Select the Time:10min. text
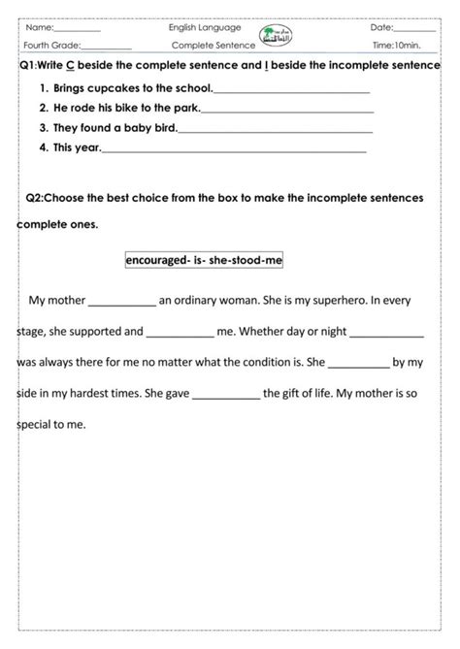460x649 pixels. [x=396, y=46]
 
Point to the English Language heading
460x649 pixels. [x=204, y=29]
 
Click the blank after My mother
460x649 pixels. [x=121, y=302]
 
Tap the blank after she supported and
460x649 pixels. [x=180, y=333]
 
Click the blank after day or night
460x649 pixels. [x=387, y=333]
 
